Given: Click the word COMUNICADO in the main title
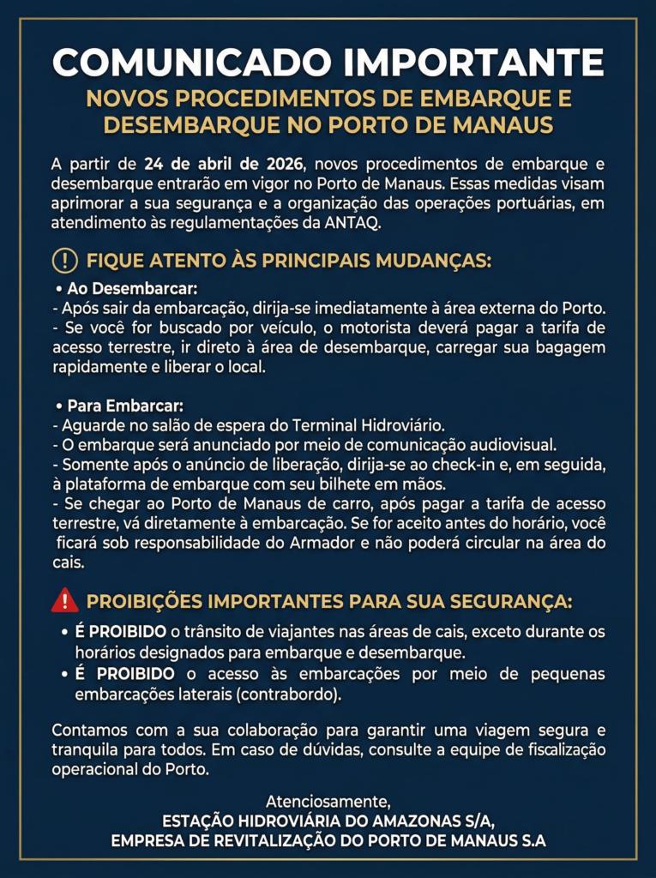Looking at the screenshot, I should [190, 63].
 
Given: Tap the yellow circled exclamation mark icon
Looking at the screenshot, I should [65, 260].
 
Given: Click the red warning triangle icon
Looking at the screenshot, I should [65, 600].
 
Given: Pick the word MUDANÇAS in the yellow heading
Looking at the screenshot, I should [433, 261].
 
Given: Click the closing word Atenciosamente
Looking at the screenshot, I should [328, 802].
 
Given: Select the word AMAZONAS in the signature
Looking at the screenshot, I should [394, 821].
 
